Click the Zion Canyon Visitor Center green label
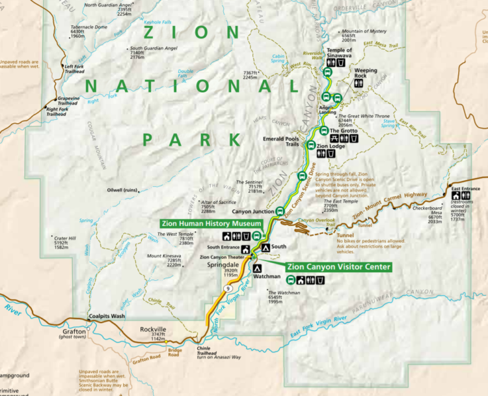click(338, 267)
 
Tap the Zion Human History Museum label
click(211, 223)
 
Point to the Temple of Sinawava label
click(339, 53)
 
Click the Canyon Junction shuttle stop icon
click(280, 211)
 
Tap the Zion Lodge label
click(331, 147)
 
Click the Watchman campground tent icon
click(257, 268)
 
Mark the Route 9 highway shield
click(229, 287)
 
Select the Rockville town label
click(154, 329)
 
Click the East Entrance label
click(465, 188)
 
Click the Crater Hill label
click(65, 238)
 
